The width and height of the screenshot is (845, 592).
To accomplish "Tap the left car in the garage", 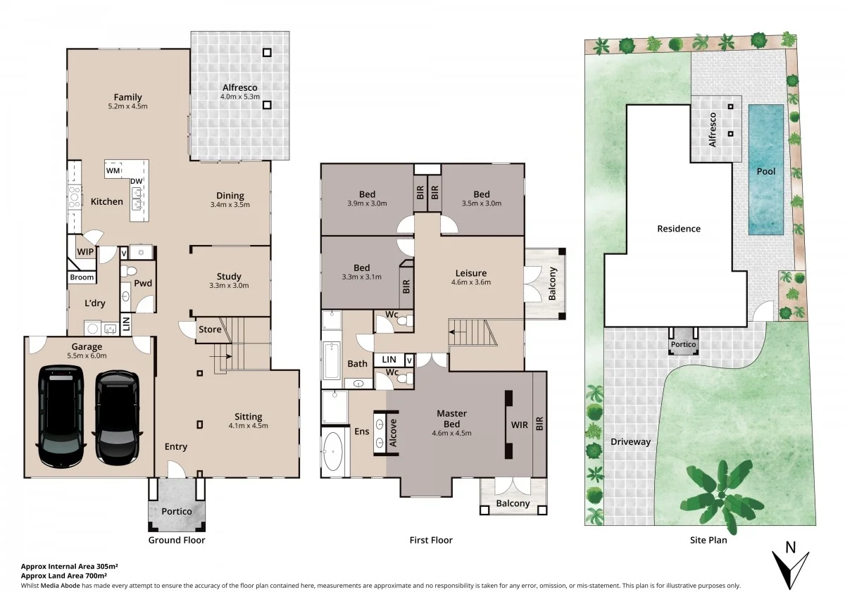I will pyautogui.click(x=61, y=416).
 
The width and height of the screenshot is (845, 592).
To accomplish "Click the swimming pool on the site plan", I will pyautogui.click(x=765, y=170).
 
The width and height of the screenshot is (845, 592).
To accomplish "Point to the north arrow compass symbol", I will pyautogui.click(x=790, y=564).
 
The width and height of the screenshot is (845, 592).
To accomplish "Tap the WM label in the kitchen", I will pyautogui.click(x=113, y=170).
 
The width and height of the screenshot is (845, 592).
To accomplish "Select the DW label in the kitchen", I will pyautogui.click(x=135, y=182).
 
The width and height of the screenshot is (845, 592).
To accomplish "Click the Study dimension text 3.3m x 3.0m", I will pyautogui.click(x=229, y=286).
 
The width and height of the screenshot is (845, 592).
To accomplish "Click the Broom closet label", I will pyautogui.click(x=81, y=277).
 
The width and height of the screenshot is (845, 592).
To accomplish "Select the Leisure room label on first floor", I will pyautogui.click(x=470, y=273).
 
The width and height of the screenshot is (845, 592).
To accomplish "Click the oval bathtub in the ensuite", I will pyautogui.click(x=333, y=451).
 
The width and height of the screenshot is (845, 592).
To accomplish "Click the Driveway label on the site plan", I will pyautogui.click(x=630, y=442).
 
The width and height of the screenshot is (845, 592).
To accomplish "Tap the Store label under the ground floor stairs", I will pyautogui.click(x=210, y=329).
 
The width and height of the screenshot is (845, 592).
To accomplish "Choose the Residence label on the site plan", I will pyautogui.click(x=679, y=229).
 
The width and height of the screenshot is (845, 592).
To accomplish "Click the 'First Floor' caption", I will pyautogui.click(x=431, y=540).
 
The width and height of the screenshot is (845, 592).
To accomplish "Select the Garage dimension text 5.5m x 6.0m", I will pyautogui.click(x=87, y=355).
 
